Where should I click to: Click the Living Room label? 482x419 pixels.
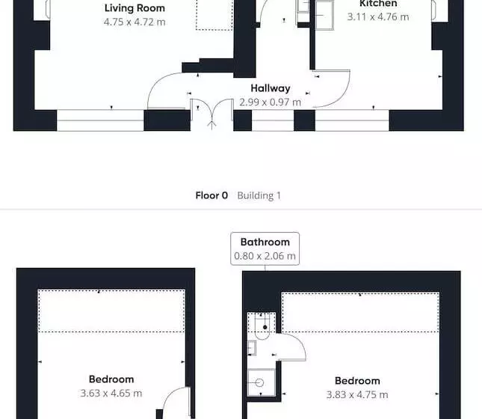coord(135,8)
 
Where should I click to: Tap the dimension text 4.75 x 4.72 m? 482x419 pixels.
coord(135,22)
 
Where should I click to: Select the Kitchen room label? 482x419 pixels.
coord(378,4)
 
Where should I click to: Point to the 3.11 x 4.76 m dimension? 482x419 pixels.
coord(378,17)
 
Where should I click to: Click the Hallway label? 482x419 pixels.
coord(271,89)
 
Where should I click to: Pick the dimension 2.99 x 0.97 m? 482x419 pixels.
coord(271,103)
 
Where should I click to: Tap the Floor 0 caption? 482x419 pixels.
coord(211,195)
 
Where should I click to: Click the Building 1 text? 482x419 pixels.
coord(259,196)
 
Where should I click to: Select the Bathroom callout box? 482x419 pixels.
coord(265,248)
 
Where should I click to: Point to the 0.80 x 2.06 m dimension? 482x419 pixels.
coord(265,256)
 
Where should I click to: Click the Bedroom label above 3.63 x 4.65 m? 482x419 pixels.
coord(111,379)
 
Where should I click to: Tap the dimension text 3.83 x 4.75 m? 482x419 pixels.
coord(357,394)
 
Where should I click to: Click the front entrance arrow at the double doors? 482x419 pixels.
coord(211,123)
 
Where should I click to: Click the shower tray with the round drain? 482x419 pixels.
coord(262,382)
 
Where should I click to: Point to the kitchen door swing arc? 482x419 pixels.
coord(342,97)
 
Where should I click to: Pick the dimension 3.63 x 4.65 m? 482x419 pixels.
coord(111,393)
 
